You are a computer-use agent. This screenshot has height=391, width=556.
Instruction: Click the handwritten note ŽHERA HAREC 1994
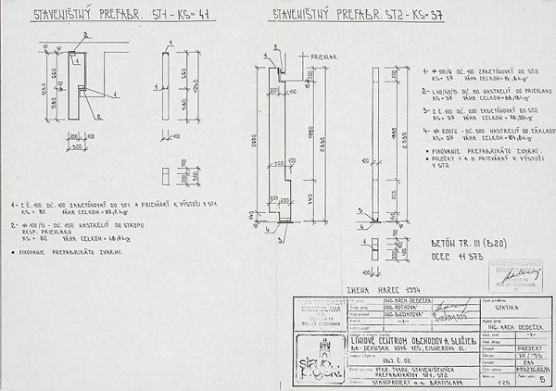click(x=379, y=288)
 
